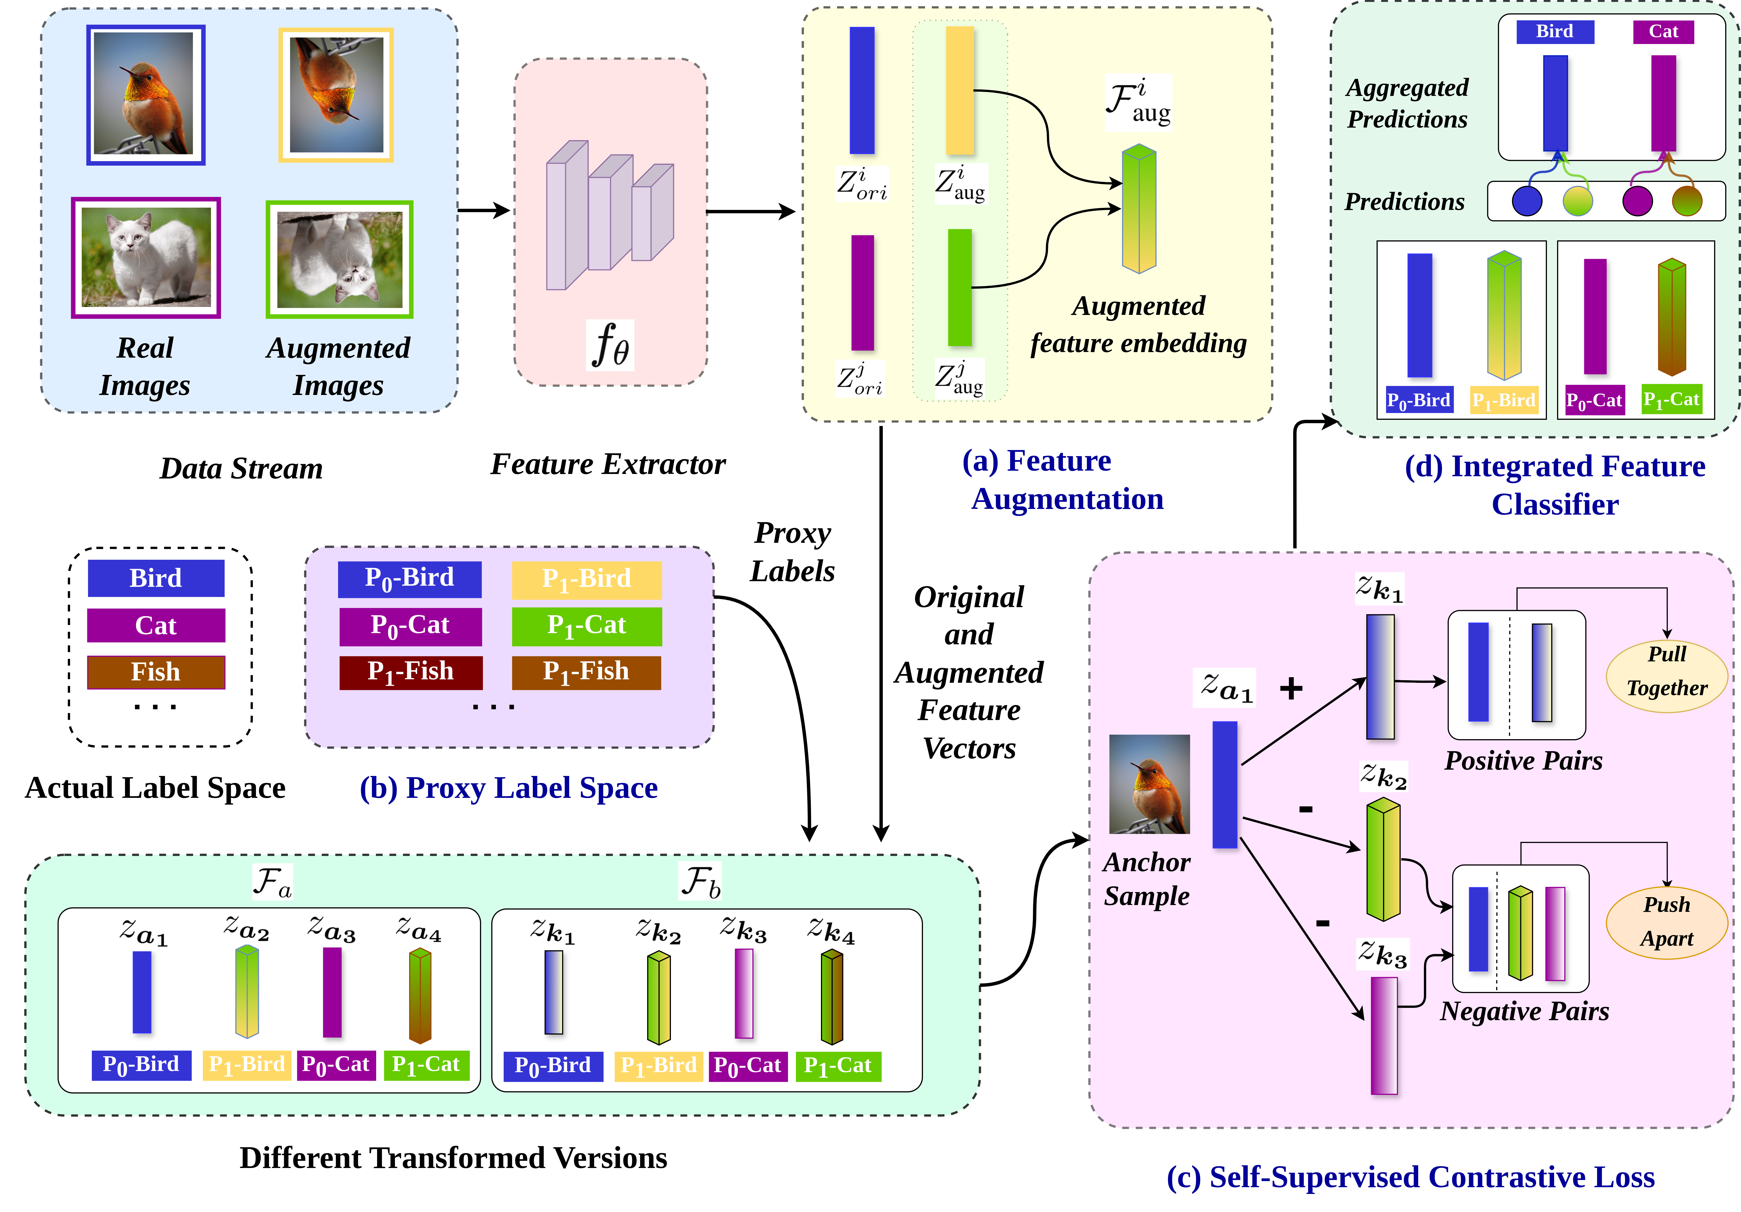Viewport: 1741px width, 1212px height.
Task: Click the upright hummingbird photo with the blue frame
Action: (x=146, y=95)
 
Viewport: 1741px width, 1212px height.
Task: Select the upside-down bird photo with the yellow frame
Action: (x=336, y=95)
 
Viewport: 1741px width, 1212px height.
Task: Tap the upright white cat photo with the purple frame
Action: (x=146, y=258)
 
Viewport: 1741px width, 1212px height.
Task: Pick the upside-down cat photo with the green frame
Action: (x=339, y=259)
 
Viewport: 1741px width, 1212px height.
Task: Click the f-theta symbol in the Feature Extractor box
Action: (x=610, y=345)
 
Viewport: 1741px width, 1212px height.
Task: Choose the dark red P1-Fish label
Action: (x=410, y=672)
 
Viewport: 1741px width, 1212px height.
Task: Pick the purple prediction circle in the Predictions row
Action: (x=1637, y=201)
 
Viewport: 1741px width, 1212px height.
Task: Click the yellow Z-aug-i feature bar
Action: (x=959, y=91)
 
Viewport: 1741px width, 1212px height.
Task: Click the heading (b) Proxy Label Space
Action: (x=508, y=788)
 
